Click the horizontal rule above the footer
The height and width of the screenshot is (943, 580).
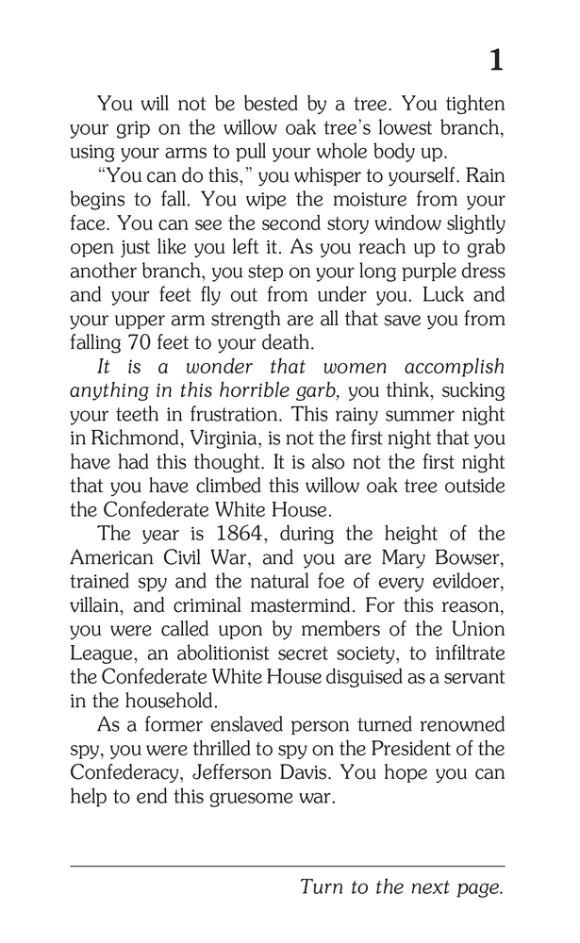288,867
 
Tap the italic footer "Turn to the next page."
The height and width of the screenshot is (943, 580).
402,887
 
